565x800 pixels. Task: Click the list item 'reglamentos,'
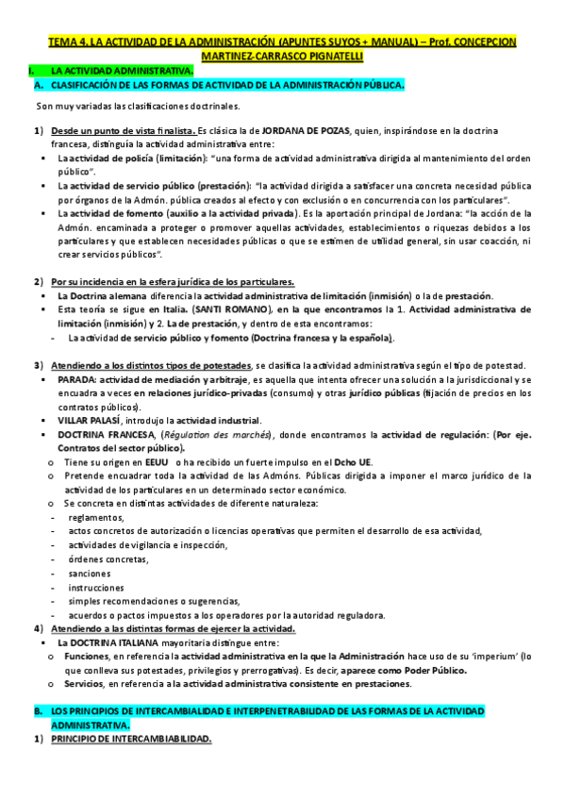tap(96, 518)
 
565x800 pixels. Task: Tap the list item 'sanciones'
tap(91, 573)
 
